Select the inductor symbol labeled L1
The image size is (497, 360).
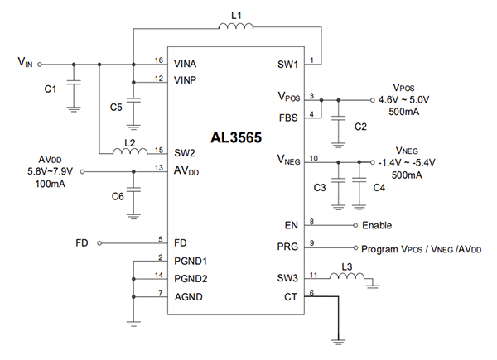(237, 29)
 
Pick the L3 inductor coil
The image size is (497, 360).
(346, 276)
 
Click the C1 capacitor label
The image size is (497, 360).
(49, 89)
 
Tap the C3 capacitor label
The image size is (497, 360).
(320, 188)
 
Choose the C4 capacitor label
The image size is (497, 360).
(379, 188)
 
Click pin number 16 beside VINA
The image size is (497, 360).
(158, 60)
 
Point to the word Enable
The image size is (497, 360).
(376, 225)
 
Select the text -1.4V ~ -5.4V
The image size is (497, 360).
(408, 162)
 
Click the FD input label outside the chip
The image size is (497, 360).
(81, 243)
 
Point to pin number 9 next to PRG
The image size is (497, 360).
(311, 242)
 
